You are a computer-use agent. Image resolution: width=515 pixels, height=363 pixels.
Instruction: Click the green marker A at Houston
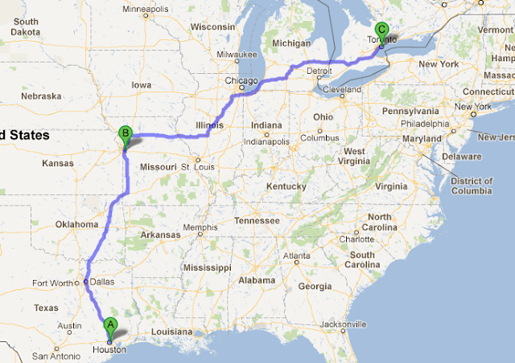pos(111,325)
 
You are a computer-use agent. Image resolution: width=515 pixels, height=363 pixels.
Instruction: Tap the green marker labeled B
pos(125,133)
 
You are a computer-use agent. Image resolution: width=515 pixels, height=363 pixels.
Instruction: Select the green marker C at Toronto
pos(382,30)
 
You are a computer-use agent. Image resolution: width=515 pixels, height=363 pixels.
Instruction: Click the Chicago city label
pos(241,81)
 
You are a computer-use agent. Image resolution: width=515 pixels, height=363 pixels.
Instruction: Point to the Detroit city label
pos(319,71)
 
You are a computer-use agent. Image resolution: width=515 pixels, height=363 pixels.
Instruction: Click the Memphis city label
pos(200,227)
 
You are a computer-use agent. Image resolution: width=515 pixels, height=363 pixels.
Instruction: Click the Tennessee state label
pos(256,220)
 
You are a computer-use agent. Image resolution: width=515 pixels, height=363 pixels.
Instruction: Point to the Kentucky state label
pos(286,186)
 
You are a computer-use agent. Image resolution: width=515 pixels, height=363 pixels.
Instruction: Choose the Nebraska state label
pos(42,96)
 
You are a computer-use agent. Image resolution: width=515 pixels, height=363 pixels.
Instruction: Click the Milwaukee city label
pos(235,55)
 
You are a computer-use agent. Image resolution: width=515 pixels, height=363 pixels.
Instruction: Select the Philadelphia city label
pos(426,124)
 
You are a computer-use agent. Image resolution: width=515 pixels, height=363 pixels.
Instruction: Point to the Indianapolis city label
pos(266,141)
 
